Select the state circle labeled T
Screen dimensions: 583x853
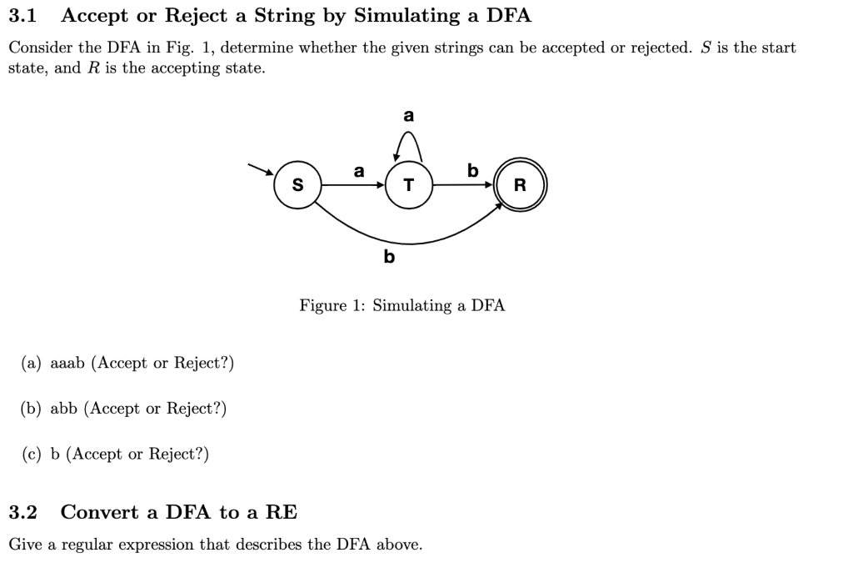[408, 184]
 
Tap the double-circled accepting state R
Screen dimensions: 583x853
[520, 184]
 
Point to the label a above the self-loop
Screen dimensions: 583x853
[408, 114]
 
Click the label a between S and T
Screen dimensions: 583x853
[358, 172]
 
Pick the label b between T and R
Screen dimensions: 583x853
[472, 171]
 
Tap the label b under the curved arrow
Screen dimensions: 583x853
[388, 257]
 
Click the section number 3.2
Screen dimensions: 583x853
[23, 512]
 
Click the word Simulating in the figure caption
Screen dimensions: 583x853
[412, 305]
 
